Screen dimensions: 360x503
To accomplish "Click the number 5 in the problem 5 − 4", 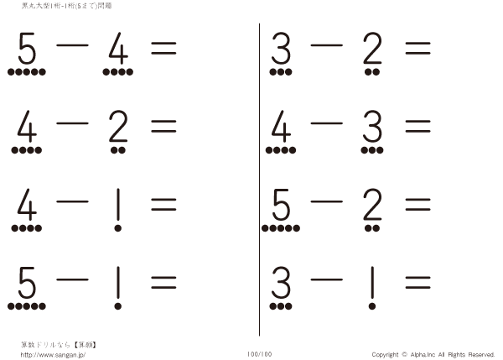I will click(27, 51).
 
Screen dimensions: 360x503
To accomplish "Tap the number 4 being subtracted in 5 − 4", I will click(118, 51).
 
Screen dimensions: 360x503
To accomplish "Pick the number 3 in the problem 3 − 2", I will click(281, 51).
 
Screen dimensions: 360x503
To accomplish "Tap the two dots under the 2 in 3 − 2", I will click(371, 72).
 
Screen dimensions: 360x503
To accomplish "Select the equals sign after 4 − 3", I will click(417, 128).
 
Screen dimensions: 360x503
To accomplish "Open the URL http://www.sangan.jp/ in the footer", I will click(54, 354).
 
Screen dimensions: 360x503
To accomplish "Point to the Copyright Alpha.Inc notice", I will click(433, 354).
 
